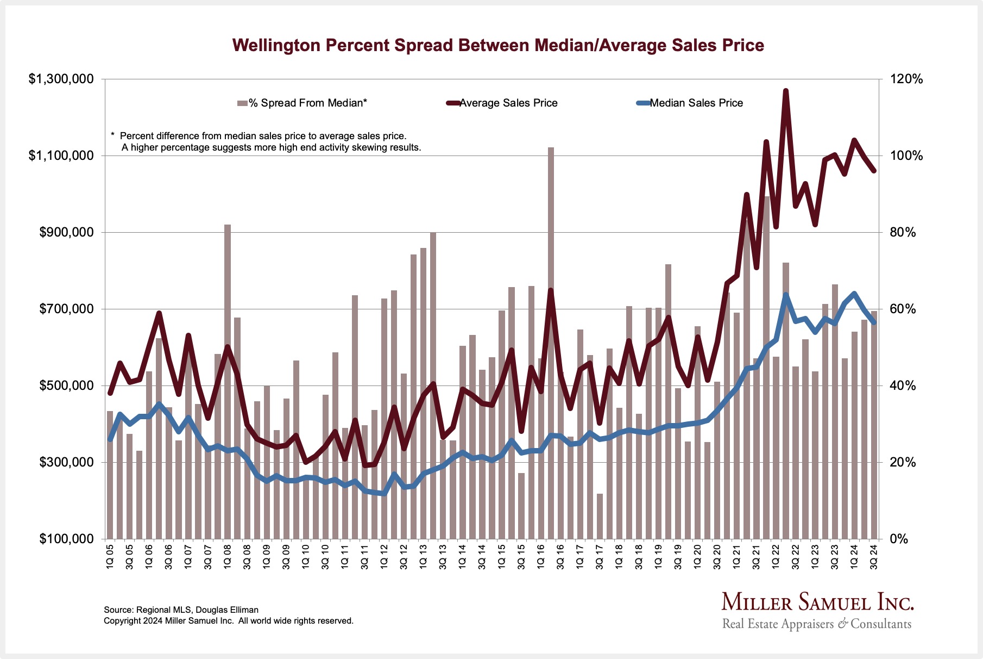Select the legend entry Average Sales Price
coord(508,103)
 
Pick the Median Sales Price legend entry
coord(696,103)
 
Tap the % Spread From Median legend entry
coord(307,103)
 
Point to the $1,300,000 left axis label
coord(61,79)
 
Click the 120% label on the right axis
coord(906,79)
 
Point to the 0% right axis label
coord(900,539)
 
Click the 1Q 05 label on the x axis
coord(110,556)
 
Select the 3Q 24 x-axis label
coord(874,556)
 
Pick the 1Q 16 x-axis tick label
coord(541,556)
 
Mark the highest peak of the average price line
coord(785,91)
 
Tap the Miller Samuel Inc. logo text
coord(817,602)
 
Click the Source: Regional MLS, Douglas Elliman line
coord(181,610)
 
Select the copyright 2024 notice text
coord(228,621)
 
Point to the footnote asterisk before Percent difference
coord(112,135)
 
